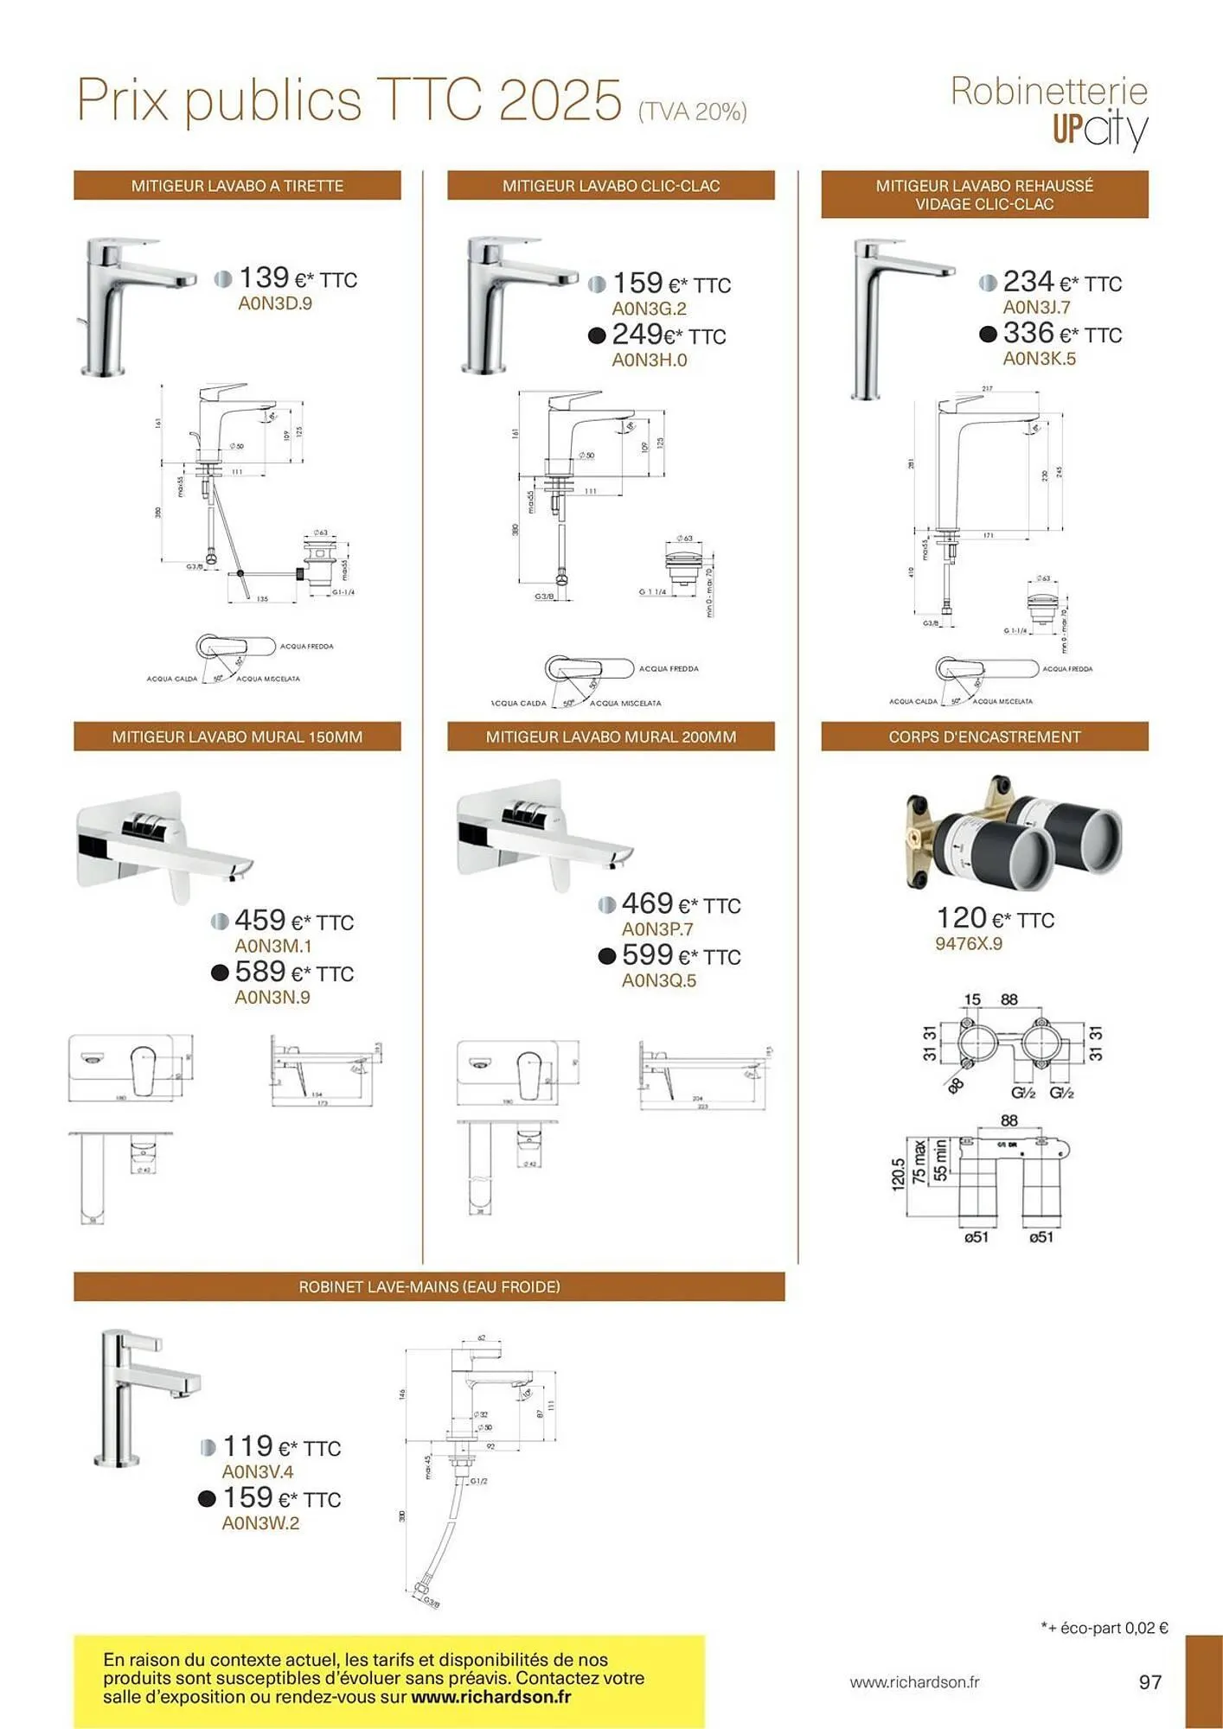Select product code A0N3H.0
pos(649,360)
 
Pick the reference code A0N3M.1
pos(272,946)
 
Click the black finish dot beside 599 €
pos(607,956)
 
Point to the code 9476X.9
pos(968,943)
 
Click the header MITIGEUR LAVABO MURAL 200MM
pos(611,737)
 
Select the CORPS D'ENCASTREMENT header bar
pos(984,737)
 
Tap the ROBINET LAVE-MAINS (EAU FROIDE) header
pos(429,1286)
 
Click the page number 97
pos(1149,1681)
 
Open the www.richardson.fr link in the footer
pos(914,1682)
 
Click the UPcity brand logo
pos(1099,130)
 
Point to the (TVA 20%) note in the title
pos(692,112)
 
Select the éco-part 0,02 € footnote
pos(1105,1628)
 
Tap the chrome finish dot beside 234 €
pos(988,283)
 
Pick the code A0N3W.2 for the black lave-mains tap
pos(260,1523)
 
